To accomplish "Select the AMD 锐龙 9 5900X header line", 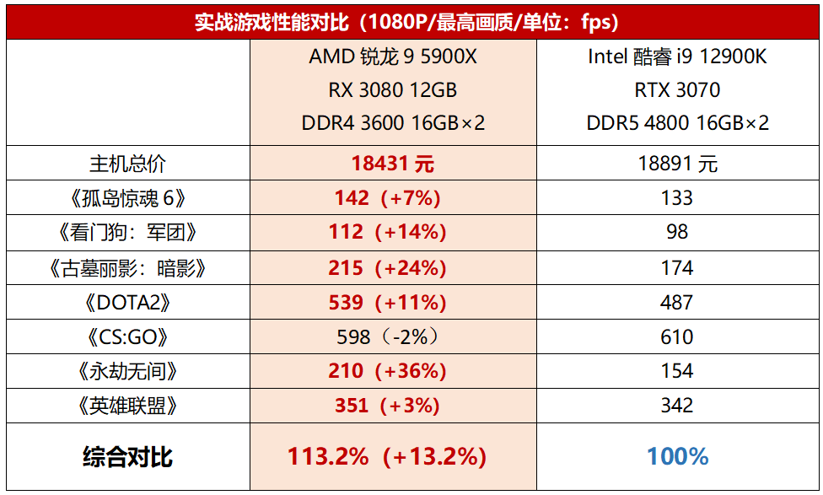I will click(x=394, y=57).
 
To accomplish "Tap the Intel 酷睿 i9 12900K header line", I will click(x=677, y=57).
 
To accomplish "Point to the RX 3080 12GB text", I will click(x=394, y=90).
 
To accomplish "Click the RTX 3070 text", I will click(x=677, y=90).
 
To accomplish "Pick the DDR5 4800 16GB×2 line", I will click(x=677, y=123).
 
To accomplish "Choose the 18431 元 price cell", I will click(x=393, y=164).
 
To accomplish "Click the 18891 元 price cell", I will click(x=677, y=164).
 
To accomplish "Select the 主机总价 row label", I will click(x=128, y=164).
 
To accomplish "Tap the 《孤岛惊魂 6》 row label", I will click(x=128, y=198).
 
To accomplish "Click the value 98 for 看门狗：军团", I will click(x=677, y=232).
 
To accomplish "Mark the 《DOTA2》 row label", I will click(x=128, y=302).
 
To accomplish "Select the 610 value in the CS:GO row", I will click(x=677, y=337).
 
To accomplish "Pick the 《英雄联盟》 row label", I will click(x=128, y=406).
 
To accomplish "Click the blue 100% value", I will click(x=677, y=457).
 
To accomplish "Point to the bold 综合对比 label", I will click(x=128, y=457).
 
